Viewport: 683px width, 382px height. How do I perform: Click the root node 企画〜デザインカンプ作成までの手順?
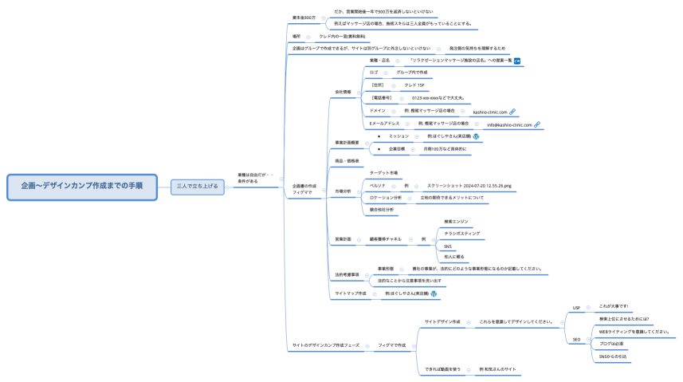pos(82,185)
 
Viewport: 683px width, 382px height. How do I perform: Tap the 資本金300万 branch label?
pos(304,17)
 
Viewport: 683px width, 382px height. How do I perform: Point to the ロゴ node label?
pos(375,73)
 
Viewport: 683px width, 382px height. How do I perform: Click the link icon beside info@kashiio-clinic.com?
pos(537,124)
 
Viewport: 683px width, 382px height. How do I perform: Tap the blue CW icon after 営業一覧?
pos(517,60)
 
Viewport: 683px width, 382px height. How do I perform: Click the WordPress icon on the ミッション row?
pos(476,136)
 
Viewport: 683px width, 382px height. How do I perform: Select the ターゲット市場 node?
pos(384,172)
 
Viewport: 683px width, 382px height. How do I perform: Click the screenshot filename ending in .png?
pos(469,184)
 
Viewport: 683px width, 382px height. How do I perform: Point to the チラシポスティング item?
pos(462,233)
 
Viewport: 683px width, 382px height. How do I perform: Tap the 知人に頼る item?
pos(454,257)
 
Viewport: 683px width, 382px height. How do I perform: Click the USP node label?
pos(576,308)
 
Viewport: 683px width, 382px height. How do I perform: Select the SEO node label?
pos(576,339)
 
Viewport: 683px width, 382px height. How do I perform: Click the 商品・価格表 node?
pos(347,161)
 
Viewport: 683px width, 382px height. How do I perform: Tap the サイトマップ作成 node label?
pos(351,293)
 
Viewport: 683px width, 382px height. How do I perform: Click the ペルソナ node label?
pos(378,184)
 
